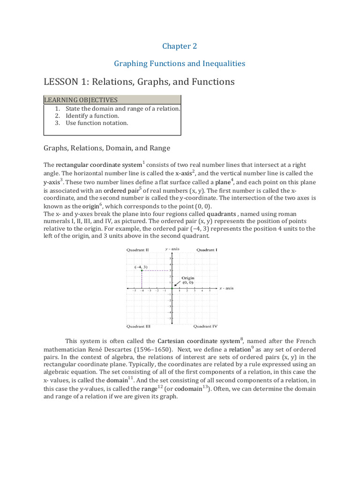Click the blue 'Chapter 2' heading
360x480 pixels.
pos(180,46)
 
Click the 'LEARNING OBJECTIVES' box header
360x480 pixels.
pos(81,100)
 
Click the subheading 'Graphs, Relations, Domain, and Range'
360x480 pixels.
pos(107,148)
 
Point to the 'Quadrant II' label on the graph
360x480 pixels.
pos(138,250)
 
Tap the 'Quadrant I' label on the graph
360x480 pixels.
pos(206,250)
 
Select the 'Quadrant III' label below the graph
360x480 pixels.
pos(138,326)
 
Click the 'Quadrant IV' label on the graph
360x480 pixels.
pos(205,326)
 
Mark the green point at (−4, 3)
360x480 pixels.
pos(142,270)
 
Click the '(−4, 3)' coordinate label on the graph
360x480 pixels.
pos(141,267)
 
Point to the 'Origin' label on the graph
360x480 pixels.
pos(188,278)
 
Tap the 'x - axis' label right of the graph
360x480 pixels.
pos(226,288)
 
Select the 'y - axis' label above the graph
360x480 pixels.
pos(172,249)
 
